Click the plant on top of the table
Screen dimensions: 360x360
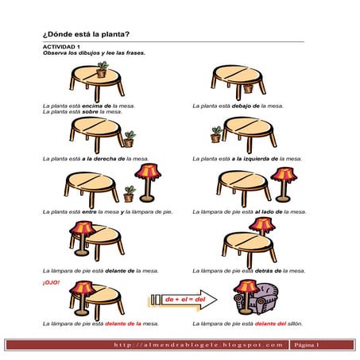click(102, 69)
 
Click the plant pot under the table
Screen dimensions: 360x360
click(248, 89)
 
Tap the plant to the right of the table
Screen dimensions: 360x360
click(130, 139)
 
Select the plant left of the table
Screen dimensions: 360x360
click(216, 134)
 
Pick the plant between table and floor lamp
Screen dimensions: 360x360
click(130, 194)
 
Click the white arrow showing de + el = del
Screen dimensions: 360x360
click(184, 300)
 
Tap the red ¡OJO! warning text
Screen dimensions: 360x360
click(51, 283)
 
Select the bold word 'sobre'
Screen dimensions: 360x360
click(90, 112)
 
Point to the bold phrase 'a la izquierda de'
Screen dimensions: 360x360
click(255, 159)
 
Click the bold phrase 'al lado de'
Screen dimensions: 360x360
click(269, 212)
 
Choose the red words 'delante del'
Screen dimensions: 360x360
click(270, 323)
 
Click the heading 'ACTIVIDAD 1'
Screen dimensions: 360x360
click(61, 47)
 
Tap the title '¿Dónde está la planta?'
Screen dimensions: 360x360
click(86, 34)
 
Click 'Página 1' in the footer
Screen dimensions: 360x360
click(307, 345)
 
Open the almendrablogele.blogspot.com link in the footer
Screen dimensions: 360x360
click(199, 345)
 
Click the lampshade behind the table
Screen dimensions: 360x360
click(262, 224)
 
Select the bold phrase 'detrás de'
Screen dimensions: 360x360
click(268, 271)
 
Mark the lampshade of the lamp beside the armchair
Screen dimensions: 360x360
click(246, 287)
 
